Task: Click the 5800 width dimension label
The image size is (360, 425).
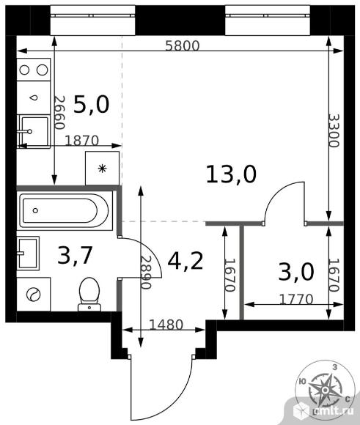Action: [183, 45]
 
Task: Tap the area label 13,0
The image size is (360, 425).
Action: [231, 174]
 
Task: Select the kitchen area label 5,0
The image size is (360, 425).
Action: [92, 104]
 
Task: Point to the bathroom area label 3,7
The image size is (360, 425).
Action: [75, 255]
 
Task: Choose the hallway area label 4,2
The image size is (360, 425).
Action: [185, 262]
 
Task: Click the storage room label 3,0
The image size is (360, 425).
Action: [296, 272]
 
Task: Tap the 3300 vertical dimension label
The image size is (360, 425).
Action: [334, 130]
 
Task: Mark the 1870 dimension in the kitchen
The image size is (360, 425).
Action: [81, 141]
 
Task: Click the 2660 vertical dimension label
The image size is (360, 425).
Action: [59, 113]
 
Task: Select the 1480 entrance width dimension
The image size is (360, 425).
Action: [166, 325]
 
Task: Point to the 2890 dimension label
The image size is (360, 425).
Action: [145, 273]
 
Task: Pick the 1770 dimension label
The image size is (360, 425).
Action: [296, 299]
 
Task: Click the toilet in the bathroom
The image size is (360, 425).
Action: [89, 295]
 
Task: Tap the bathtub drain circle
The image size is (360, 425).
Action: [35, 210]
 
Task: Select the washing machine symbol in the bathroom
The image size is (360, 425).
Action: [34, 294]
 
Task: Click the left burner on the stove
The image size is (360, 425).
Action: [24, 70]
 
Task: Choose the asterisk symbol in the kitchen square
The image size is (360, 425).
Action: [102, 169]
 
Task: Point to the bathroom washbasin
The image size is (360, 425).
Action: [28, 253]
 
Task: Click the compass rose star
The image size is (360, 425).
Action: [325, 390]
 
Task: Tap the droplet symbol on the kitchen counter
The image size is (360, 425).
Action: [34, 98]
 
